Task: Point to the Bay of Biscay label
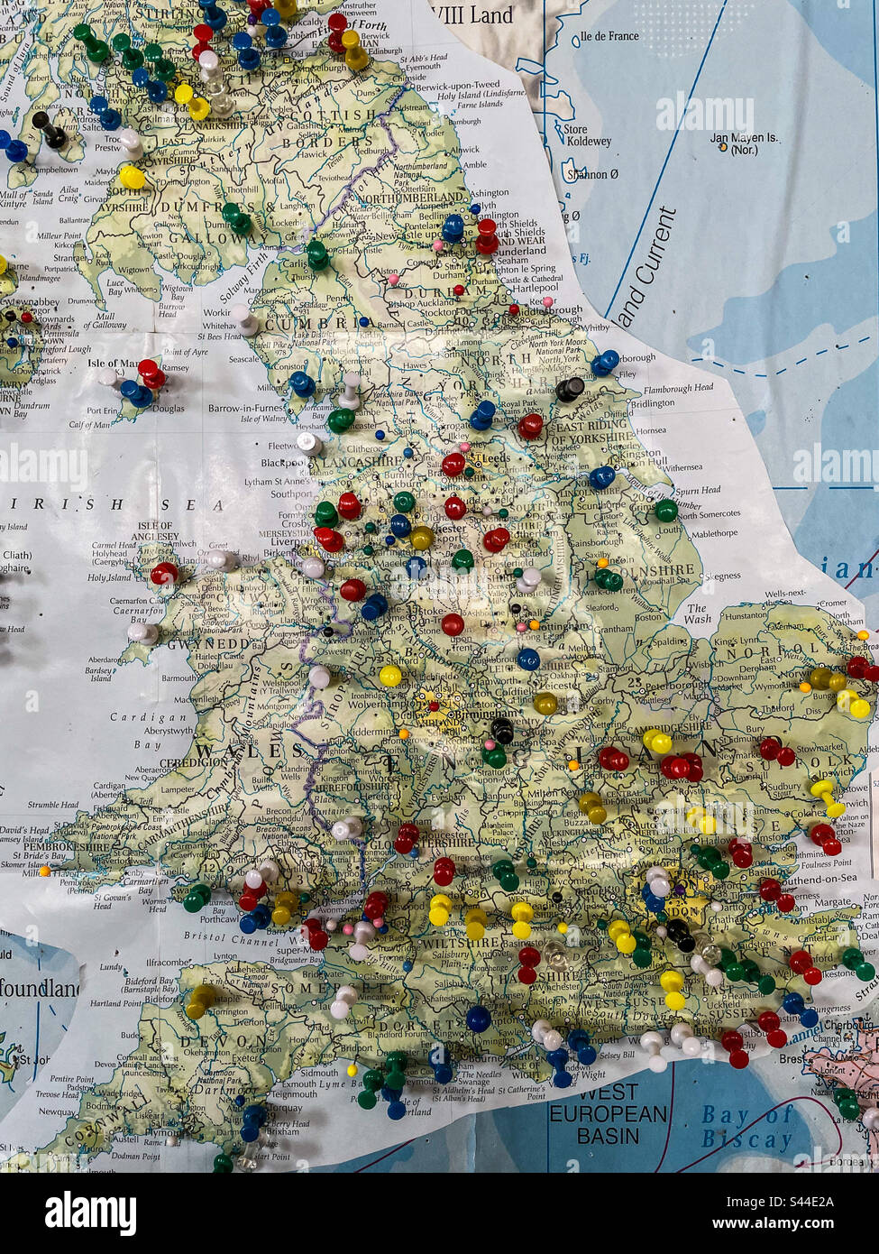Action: tap(746, 1127)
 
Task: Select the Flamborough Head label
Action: tap(679, 388)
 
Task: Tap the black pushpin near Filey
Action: tap(570, 390)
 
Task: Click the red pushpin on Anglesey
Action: tap(164, 573)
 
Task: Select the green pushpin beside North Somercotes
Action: tap(665, 510)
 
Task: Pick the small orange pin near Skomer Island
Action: tap(43, 871)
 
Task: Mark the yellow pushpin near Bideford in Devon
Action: tap(200, 1000)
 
